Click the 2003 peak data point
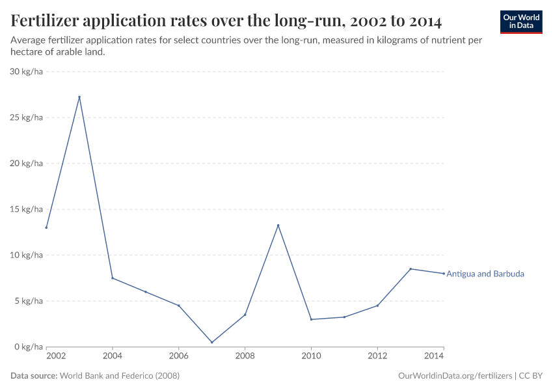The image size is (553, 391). (x=79, y=97)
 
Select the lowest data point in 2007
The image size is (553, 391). (x=212, y=342)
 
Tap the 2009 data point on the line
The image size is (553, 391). (x=278, y=225)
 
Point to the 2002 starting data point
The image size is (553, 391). (x=46, y=227)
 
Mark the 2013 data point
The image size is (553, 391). (x=411, y=269)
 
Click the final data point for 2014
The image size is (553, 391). (x=444, y=274)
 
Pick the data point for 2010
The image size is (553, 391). (x=311, y=319)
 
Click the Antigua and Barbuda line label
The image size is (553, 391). (x=485, y=274)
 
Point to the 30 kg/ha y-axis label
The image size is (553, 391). (x=26, y=72)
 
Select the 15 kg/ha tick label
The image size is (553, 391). (x=26, y=209)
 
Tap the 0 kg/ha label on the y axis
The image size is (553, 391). (x=28, y=347)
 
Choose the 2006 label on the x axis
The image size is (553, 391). (x=179, y=356)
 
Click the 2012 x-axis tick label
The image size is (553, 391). (x=377, y=356)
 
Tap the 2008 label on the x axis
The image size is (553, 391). (x=245, y=356)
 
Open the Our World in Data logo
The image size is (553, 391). (x=521, y=22)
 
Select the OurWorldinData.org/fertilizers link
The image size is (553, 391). (x=454, y=376)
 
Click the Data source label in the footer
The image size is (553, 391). (x=34, y=376)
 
